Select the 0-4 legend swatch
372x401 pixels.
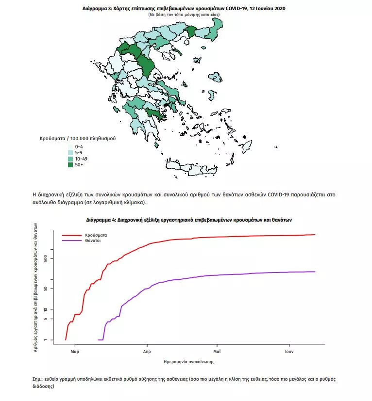[x=70, y=146]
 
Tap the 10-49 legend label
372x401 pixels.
[x=81, y=159]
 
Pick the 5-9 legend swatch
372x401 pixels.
[x=70, y=153]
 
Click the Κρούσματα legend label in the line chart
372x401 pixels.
[x=96, y=235]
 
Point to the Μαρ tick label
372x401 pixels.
[x=74, y=350]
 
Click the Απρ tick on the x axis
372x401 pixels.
[x=146, y=350]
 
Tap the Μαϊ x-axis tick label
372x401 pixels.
[x=217, y=350]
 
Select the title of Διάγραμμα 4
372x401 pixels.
[x=188, y=220]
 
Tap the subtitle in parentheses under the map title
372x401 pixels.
[x=184, y=15]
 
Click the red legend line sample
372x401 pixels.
[x=71, y=235]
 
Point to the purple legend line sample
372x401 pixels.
[x=71, y=241]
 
